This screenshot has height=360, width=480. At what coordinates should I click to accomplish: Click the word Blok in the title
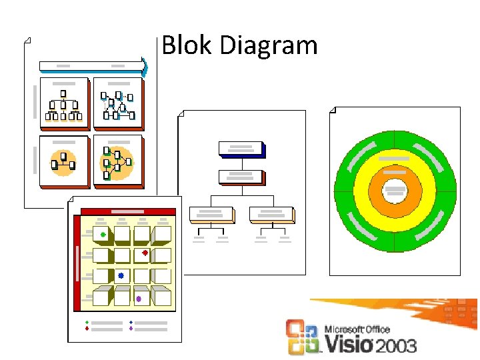[x=186, y=45]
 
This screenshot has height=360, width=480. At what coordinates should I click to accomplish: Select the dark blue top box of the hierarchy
[x=242, y=149]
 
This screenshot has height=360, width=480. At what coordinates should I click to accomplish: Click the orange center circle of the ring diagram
[x=395, y=191]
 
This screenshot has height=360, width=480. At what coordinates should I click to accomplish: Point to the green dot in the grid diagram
[x=103, y=235]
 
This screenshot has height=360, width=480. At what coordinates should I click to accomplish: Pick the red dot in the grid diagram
[x=145, y=253]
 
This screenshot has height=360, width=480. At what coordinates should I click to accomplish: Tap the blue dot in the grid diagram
[x=121, y=275]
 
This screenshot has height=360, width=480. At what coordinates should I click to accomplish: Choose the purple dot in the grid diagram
[x=139, y=299]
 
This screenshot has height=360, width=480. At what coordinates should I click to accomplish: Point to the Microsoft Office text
[x=357, y=329]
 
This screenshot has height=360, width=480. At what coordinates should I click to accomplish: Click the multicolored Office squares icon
[x=303, y=337]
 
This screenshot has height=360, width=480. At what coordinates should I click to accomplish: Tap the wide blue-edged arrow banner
[x=93, y=65]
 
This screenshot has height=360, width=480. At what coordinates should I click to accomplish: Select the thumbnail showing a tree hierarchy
[x=64, y=103]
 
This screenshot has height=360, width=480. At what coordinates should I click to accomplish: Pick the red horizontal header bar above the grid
[x=127, y=212]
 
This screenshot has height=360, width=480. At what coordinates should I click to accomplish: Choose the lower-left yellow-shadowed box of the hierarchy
[x=212, y=214]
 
